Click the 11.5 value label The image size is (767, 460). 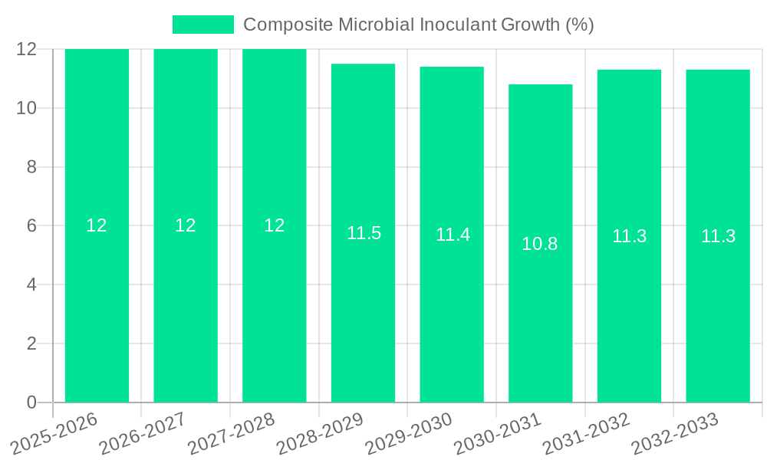tap(364, 233)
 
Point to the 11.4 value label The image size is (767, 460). tap(453, 235)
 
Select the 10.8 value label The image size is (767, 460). tap(540, 244)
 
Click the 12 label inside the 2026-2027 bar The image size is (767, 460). tap(186, 225)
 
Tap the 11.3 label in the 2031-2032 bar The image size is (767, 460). tap(629, 236)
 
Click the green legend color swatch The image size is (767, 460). tap(203, 25)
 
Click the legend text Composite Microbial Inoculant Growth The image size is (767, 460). tap(418, 25)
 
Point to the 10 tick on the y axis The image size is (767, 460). tap(27, 108)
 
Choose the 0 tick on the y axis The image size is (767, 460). tap(31, 402)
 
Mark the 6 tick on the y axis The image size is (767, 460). tap(31, 226)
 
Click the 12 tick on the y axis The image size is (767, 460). tap(27, 49)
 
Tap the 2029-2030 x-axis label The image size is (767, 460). tap(408, 434)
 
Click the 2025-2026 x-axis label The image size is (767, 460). tap(54, 434)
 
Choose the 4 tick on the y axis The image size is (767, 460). tap(31, 284)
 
